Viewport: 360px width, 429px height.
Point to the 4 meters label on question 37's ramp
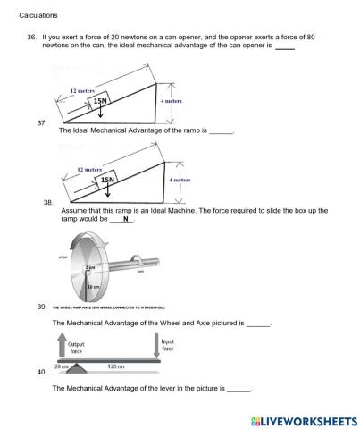point(171,102)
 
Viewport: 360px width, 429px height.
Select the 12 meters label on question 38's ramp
point(89,168)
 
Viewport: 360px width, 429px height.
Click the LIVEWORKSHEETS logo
point(298,418)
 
